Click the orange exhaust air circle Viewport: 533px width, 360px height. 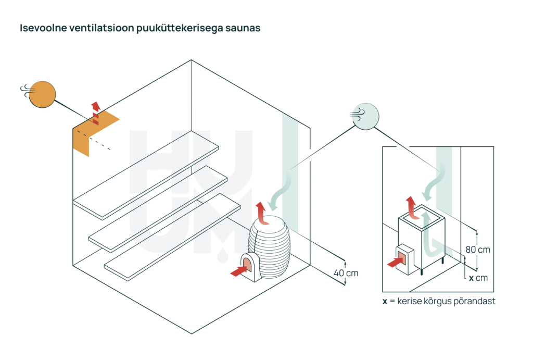pos(43,94)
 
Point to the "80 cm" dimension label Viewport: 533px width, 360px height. pos(478,250)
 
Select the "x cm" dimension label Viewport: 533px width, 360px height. pos(478,278)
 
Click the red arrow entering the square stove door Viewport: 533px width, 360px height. pos(396,262)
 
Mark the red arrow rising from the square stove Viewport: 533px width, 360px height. pos(413,206)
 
